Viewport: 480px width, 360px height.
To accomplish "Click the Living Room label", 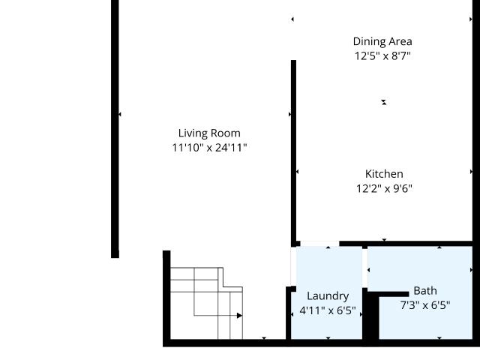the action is tap(209, 133).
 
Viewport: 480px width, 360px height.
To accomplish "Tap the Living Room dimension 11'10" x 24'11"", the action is tap(209, 148).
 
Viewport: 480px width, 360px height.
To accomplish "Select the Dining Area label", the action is tap(382, 42).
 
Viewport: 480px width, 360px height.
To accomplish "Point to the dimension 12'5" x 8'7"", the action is tap(382, 56).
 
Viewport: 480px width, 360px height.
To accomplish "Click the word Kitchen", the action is tap(384, 174).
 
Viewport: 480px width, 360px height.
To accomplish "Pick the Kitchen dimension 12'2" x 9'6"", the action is tap(384, 188).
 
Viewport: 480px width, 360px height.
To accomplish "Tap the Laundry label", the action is tap(328, 296).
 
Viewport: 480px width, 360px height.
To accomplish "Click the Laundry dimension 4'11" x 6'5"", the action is tap(328, 310).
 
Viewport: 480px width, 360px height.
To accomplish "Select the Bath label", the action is tap(425, 291).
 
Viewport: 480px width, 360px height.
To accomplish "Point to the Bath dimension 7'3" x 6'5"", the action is tap(425, 305).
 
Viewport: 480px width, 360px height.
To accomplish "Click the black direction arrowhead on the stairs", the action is tap(239, 315).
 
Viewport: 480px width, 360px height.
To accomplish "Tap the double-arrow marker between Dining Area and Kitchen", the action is tap(384, 102).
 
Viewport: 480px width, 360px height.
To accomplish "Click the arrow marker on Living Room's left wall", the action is tap(120, 114).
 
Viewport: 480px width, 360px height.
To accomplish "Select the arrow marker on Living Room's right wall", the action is tap(290, 114).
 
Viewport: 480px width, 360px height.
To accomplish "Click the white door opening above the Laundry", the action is tap(319, 244).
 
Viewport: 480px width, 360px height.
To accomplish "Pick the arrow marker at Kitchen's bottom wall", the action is tap(384, 240).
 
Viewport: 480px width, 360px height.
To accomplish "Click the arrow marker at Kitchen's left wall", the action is tap(297, 172).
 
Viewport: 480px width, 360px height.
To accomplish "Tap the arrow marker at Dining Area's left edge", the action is tap(292, 19).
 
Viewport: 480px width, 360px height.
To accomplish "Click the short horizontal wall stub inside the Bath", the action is tap(394, 294).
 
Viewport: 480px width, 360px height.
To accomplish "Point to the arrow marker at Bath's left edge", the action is tap(368, 270).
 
